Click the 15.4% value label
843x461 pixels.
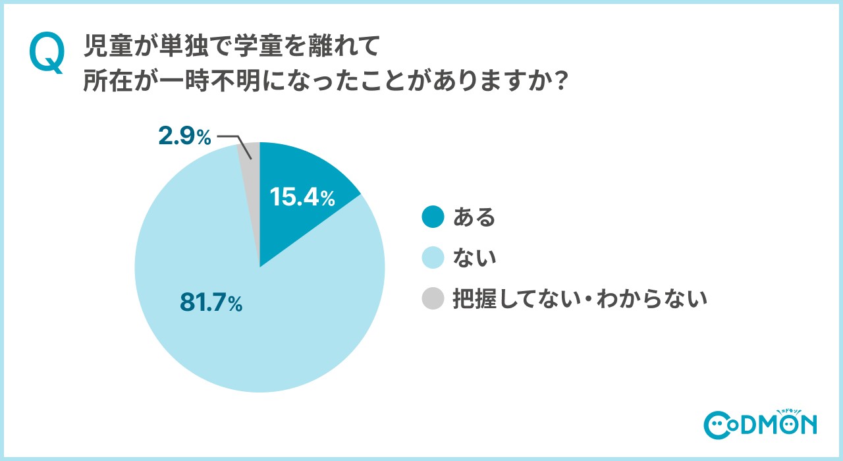click(x=302, y=198)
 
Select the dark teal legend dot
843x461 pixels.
click(x=433, y=217)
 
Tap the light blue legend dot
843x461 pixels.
click(x=433, y=258)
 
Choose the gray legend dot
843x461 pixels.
click(x=433, y=299)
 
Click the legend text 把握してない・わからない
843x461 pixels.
click(x=580, y=299)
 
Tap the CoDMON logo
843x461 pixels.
click(x=760, y=424)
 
